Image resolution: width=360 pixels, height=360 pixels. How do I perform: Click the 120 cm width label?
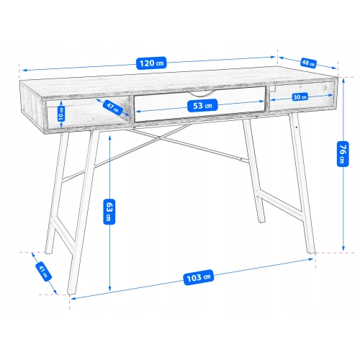(151, 63)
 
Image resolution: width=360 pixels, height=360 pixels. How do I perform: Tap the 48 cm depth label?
(308, 63)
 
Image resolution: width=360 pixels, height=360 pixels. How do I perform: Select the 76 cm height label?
(343, 154)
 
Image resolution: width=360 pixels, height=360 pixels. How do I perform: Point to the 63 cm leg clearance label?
(109, 212)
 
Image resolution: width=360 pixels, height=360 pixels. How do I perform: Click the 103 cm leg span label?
(199, 277)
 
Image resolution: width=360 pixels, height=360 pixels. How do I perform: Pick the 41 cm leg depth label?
(44, 271)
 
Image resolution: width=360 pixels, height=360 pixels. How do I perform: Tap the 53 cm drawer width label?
(202, 105)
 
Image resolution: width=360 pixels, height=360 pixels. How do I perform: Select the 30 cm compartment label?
(300, 97)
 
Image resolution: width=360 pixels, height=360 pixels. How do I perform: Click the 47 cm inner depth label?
(113, 107)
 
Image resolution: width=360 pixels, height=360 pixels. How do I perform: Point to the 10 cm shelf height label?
(61, 114)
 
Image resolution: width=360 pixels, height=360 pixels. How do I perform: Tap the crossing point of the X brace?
(159, 138)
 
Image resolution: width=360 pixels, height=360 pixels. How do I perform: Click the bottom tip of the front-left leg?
(71, 293)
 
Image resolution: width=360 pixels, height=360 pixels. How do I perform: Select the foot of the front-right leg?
(311, 252)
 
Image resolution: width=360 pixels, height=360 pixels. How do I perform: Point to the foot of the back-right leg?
(262, 221)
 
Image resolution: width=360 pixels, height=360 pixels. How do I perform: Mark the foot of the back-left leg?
(48, 252)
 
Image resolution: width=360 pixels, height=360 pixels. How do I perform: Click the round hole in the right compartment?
(325, 87)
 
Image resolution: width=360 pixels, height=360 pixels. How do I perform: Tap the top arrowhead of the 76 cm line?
(343, 80)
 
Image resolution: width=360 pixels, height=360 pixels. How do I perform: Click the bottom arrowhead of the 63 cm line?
(109, 289)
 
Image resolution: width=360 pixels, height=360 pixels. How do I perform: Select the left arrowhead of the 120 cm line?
(24, 71)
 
